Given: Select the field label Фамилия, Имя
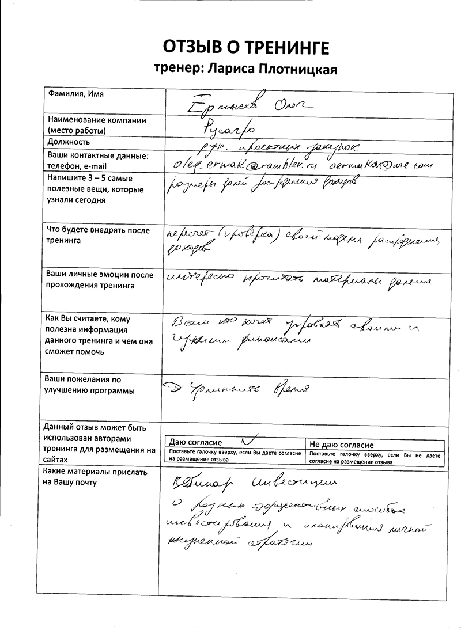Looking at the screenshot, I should pos(71,93).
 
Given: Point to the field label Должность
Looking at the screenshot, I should pos(69,142).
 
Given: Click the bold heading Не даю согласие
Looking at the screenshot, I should pos(342,445).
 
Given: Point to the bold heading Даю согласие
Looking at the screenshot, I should pos(196,443).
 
